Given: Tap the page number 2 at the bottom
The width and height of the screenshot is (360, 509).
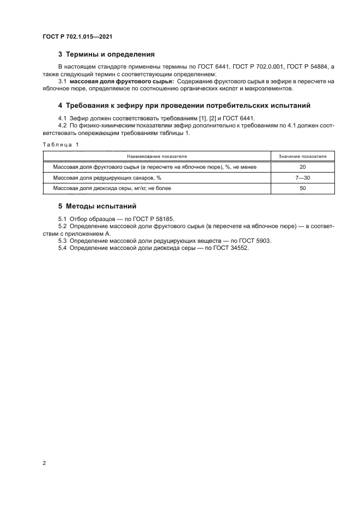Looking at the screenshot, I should (44, 463).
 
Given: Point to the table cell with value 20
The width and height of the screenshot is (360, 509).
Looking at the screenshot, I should (303, 167).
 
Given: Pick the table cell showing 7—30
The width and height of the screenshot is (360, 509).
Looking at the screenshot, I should (303, 178).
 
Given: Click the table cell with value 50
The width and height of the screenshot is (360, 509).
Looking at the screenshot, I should (303, 188).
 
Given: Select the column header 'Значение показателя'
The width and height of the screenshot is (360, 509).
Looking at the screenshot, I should (303, 156).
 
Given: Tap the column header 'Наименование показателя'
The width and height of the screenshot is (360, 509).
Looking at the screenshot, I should (157, 156).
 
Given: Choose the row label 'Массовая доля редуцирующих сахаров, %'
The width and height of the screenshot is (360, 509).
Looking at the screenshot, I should (107, 178).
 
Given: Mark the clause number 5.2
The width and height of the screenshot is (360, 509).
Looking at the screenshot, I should (63, 225).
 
